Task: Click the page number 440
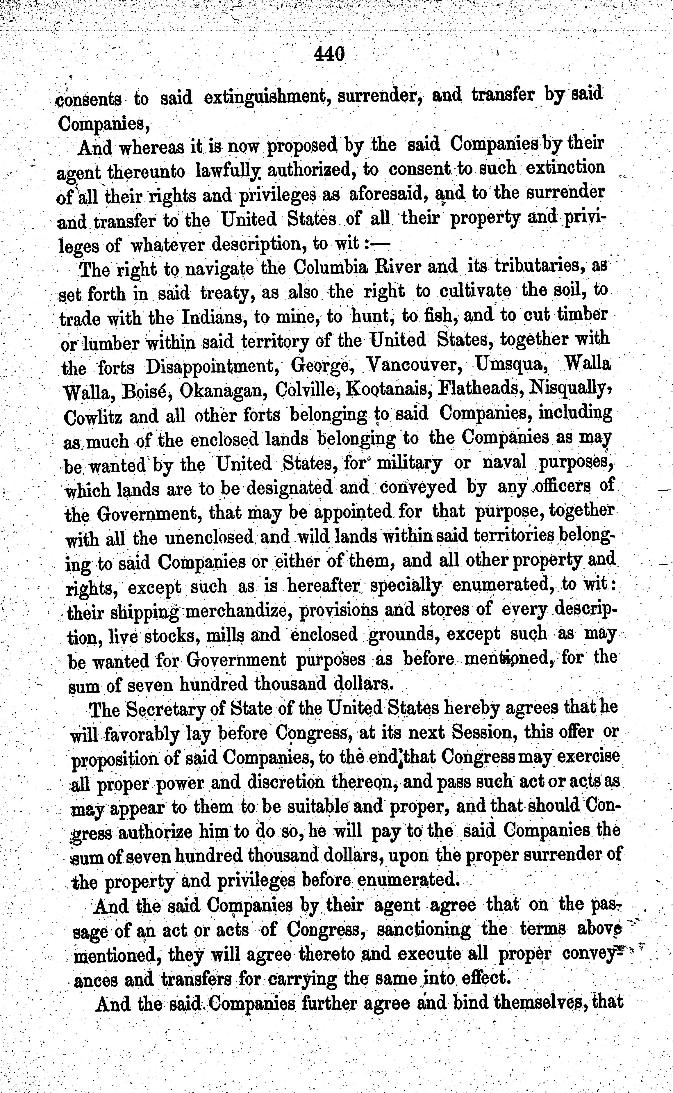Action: pos(329,54)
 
